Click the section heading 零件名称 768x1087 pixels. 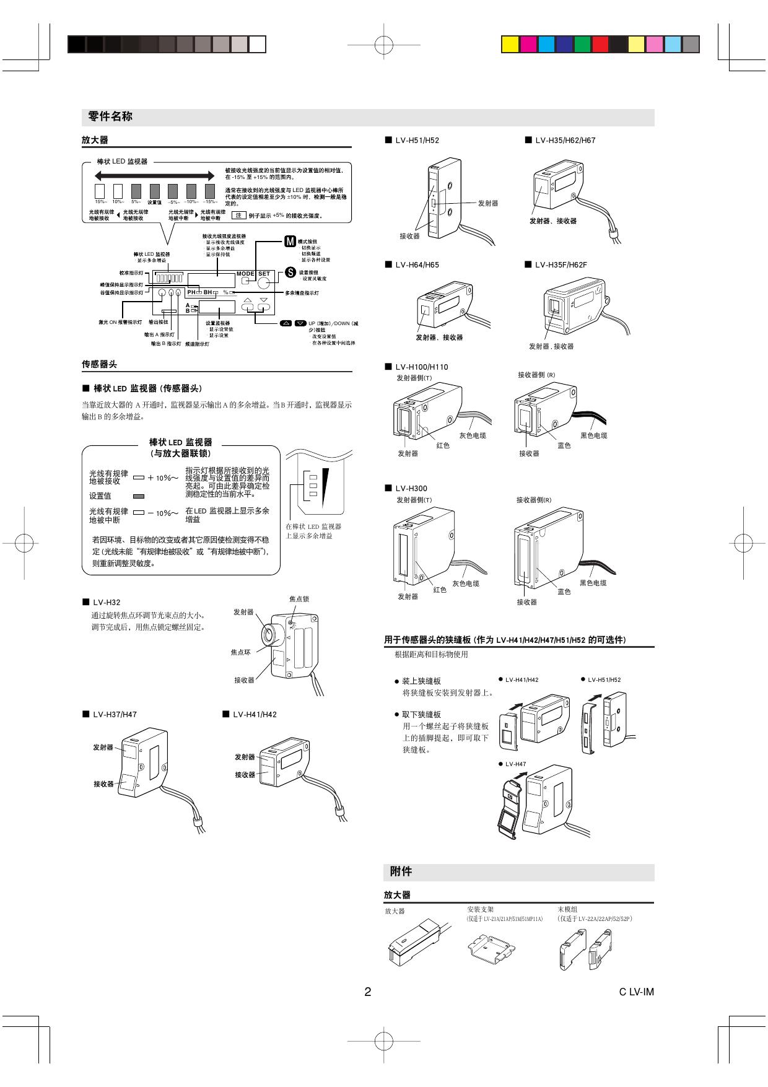click(x=110, y=116)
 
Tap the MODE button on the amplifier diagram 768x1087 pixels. click(x=245, y=274)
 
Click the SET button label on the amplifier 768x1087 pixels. click(x=264, y=274)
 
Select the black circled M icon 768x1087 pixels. click(x=290, y=241)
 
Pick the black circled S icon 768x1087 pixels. click(x=290, y=272)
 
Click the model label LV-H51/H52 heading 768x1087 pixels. click(x=417, y=141)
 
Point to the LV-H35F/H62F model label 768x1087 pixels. click(x=561, y=265)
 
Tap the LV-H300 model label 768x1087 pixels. click(x=411, y=489)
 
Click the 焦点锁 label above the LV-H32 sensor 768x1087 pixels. click(x=299, y=599)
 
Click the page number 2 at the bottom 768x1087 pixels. click(x=367, y=992)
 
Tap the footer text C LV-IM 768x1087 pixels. click(x=636, y=992)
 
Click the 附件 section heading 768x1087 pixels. click(x=401, y=871)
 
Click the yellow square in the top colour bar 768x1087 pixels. click(x=510, y=44)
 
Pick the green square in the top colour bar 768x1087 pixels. click(x=582, y=44)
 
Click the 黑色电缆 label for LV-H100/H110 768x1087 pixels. click(x=593, y=435)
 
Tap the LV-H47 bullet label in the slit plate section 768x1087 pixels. click(x=515, y=764)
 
